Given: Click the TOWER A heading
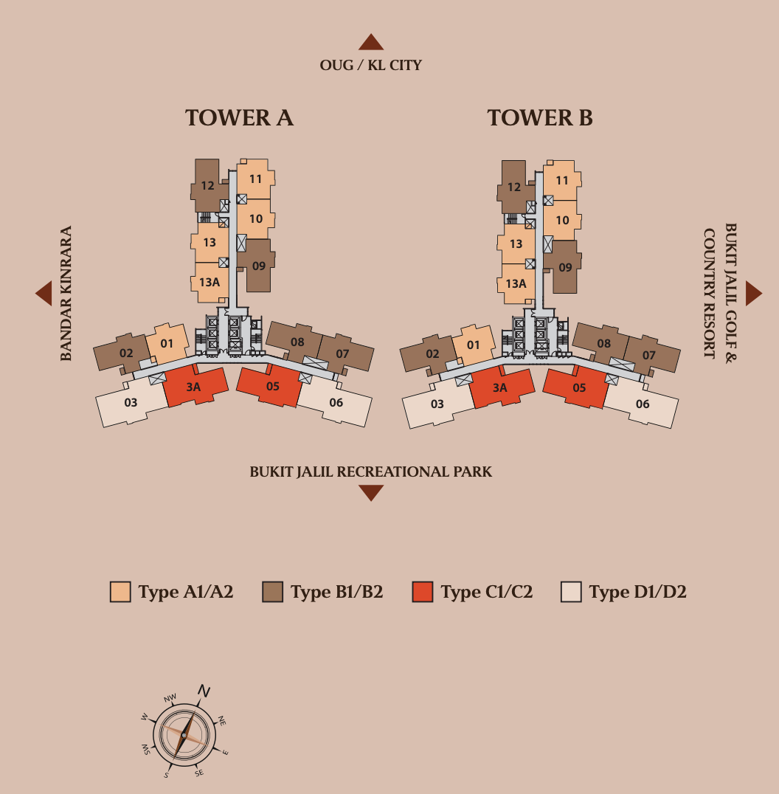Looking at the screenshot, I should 239,118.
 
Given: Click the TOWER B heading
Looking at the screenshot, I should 539,118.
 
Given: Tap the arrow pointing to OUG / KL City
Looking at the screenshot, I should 371,43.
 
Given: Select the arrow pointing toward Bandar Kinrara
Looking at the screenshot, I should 44,294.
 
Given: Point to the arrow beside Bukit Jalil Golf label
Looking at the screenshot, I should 752,293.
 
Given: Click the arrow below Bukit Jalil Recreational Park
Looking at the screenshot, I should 371,493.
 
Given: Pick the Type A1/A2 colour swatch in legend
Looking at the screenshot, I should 120,592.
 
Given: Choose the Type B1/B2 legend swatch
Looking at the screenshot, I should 272,592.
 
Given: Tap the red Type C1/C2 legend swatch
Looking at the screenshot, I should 423,592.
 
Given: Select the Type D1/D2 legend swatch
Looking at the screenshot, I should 571,592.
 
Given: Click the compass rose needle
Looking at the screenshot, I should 184,731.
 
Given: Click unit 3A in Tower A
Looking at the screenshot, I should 194,387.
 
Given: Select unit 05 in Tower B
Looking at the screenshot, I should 579,387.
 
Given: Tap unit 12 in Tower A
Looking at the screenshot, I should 207,186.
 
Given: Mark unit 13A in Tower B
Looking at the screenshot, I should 516,283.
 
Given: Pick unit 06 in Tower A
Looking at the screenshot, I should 336,403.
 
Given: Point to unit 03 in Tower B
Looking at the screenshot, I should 437,404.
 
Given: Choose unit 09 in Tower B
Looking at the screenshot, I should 565,267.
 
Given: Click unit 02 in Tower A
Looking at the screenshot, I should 126,353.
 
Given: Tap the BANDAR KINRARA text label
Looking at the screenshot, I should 66,294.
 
